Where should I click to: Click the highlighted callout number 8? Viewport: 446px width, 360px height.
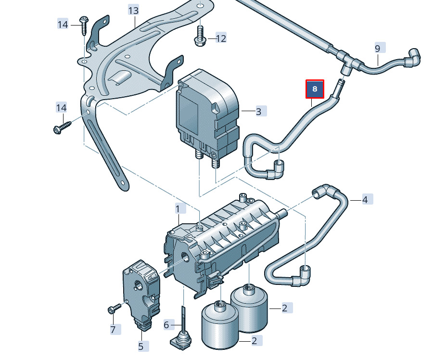coord(315,89)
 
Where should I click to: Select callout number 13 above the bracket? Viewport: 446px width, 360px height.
coord(133,10)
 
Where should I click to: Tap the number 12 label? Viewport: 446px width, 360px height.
coord(220,38)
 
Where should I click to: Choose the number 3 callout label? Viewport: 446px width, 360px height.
coord(258,112)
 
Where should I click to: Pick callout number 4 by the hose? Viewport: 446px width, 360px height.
coord(365,199)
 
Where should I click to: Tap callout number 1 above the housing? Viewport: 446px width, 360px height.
coord(178,209)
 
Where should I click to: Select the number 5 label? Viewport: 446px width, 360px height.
coord(141,346)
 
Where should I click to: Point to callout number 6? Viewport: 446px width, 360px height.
coord(166,325)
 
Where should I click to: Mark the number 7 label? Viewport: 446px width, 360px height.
coord(113,330)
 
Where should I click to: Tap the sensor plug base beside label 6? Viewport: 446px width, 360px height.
coord(181,341)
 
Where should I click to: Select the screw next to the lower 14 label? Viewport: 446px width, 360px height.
coord(62,128)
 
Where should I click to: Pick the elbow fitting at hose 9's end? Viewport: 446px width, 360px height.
coord(413,57)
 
